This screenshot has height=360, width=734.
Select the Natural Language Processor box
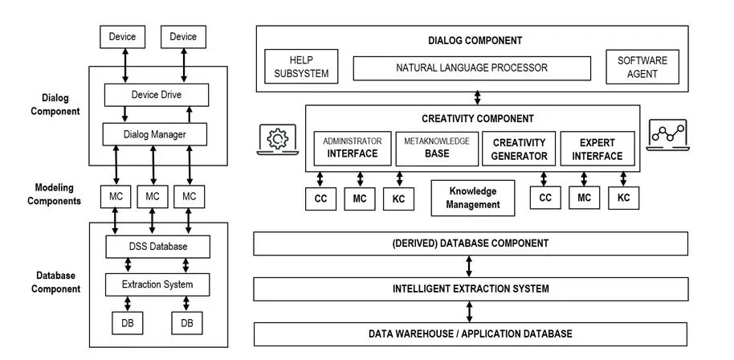click(471, 68)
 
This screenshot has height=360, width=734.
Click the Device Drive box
click(157, 95)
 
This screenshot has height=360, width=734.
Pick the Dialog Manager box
click(157, 133)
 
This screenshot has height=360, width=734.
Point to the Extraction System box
click(158, 284)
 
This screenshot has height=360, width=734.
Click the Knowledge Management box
click(472, 198)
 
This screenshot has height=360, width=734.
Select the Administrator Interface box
click(352, 148)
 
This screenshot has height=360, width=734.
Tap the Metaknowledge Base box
click(437, 148)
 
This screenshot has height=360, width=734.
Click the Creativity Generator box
click(520, 149)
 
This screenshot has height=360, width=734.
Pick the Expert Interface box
click(598, 149)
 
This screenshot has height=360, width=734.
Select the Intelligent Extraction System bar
click(471, 288)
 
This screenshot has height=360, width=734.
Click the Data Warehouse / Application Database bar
click(471, 333)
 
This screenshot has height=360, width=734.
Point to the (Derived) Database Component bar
click(471, 243)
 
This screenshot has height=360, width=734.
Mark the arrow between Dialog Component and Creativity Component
click(478, 97)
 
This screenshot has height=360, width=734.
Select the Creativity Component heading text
click(477, 119)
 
